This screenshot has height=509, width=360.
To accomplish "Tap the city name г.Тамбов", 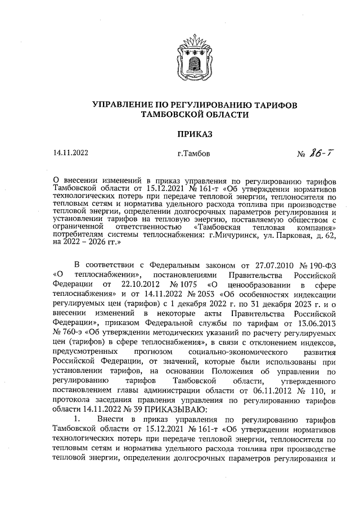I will point(195,154).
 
